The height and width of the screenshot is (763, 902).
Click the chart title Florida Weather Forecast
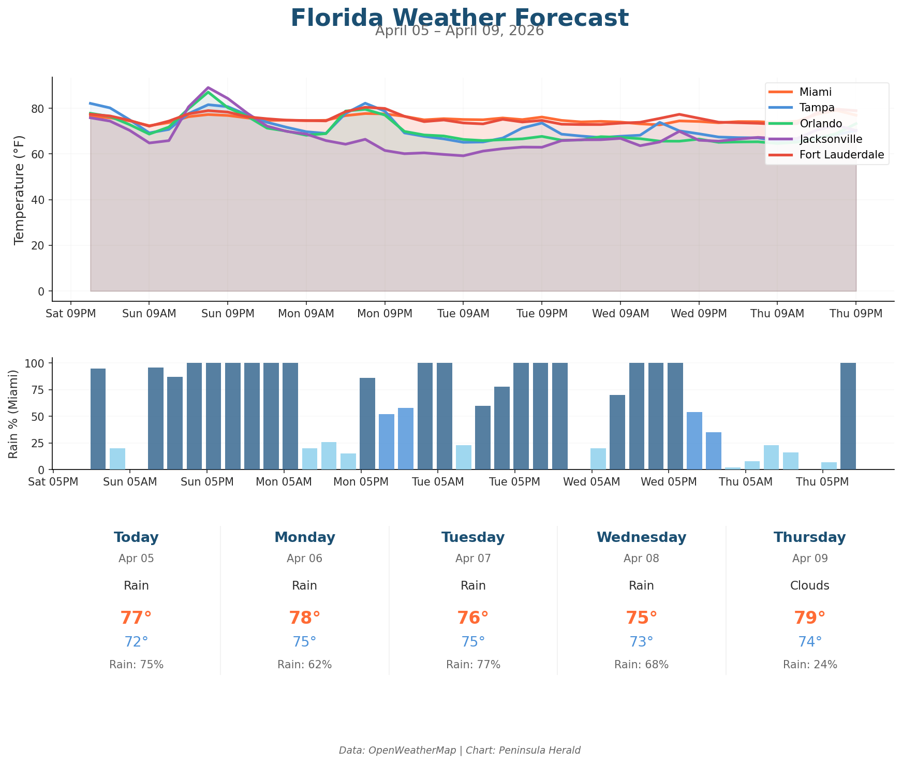[460, 18]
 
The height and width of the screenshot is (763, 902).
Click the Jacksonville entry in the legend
[831, 139]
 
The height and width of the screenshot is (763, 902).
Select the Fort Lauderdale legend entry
[841, 154]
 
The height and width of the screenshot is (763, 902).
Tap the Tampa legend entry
[817, 108]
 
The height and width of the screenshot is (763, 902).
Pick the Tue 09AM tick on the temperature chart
[463, 313]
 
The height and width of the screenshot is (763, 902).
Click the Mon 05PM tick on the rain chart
[361, 482]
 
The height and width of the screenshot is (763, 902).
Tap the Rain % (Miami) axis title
[14, 414]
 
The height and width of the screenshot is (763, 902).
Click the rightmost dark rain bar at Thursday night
[848, 416]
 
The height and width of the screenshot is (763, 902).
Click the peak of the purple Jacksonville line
[208, 87]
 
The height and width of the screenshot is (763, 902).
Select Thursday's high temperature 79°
[809, 618]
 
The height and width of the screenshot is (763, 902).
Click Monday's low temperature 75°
[304, 642]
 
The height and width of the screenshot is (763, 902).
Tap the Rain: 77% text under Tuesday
[473, 665]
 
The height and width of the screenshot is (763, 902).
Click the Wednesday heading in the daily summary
[641, 537]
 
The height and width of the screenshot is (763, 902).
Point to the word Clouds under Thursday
[809, 585]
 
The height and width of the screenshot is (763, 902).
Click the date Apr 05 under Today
[136, 559]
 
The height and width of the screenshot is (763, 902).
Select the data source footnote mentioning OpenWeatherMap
[460, 750]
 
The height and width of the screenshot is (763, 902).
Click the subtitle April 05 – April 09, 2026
[460, 31]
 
